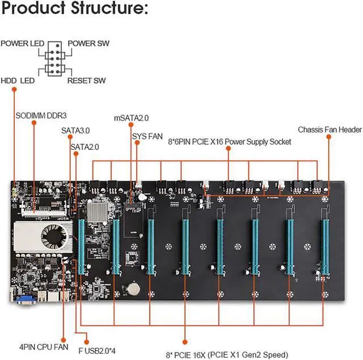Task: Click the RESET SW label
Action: point(86,81)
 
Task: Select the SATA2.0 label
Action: point(85,146)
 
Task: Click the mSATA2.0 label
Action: point(131,118)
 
